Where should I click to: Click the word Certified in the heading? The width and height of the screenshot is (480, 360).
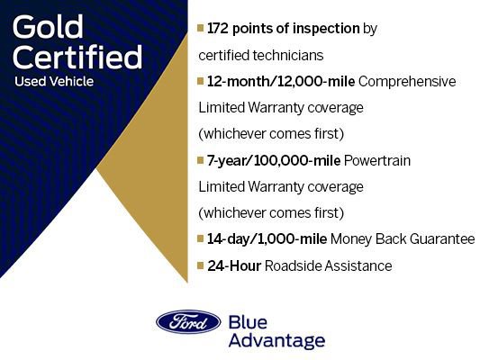pos(78,57)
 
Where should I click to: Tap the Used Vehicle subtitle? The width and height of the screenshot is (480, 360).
pos(54,82)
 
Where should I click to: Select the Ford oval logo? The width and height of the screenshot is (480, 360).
pos(188,322)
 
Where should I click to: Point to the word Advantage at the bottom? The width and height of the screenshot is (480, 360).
pos(276,341)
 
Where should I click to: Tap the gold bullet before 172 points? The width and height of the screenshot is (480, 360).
pos(201,29)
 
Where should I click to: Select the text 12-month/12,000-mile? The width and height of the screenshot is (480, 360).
pos(281,82)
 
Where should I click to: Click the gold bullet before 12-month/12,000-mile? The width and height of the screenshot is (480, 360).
pos(201,82)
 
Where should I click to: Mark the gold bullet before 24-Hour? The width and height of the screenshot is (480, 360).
pos(201,266)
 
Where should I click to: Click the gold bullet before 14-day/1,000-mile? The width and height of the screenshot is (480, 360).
pos(201,239)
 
